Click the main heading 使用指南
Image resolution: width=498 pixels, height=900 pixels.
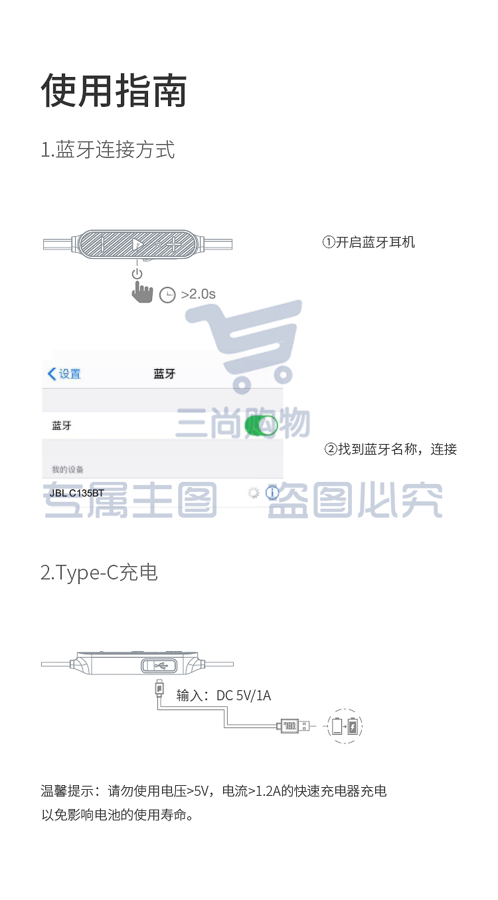pos(114,90)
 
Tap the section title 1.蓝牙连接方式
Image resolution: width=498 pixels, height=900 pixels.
pos(108,149)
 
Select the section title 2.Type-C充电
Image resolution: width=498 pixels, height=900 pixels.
pos(99,572)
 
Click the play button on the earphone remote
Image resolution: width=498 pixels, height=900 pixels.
pos(137,244)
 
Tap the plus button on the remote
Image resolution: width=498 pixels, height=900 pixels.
pos(173,244)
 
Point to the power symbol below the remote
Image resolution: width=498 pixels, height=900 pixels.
pos(137,274)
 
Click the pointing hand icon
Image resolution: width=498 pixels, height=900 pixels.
pos(142,292)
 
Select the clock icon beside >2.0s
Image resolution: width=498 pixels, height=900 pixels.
pos(167,295)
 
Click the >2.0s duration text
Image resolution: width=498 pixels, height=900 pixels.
pos(198,294)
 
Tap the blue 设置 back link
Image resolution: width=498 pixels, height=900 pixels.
pos(64,374)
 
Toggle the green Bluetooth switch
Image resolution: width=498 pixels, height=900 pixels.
pos(261,426)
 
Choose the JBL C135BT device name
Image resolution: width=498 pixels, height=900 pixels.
pos(77,493)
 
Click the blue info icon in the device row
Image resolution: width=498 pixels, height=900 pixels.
pos(272,492)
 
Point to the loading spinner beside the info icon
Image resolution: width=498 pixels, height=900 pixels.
pos(253,492)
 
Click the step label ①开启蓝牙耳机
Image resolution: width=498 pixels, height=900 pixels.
pos(369,242)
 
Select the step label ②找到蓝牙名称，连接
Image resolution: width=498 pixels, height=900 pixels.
pos(390,449)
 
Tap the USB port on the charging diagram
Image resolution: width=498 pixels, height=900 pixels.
pos(159,666)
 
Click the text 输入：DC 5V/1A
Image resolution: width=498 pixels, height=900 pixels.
pos(224,696)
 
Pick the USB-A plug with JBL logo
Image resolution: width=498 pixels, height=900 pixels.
pos(293,725)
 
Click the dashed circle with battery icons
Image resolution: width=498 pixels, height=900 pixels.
pos(345,725)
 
